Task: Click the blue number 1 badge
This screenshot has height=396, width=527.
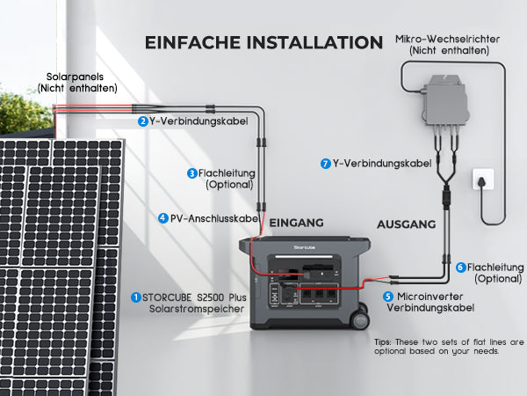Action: [x=136, y=297]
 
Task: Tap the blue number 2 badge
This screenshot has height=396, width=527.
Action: [x=143, y=121]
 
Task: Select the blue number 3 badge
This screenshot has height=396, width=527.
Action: [x=191, y=173]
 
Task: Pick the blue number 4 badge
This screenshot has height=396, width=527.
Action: [x=163, y=218]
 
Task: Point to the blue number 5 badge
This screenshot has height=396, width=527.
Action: [x=388, y=297]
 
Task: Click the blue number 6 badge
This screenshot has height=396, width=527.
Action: [x=461, y=268]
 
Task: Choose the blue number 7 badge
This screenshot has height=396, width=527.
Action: [x=325, y=164]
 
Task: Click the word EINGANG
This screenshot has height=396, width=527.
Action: [x=296, y=223]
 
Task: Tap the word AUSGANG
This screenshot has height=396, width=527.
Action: [x=407, y=224]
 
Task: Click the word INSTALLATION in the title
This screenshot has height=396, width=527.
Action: [x=315, y=43]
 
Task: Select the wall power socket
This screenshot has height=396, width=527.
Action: [x=483, y=180]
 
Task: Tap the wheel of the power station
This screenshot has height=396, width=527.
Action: [x=360, y=320]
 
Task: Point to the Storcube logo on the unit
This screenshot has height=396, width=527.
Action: [x=305, y=247]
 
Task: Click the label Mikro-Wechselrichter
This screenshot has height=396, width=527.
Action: [x=447, y=39]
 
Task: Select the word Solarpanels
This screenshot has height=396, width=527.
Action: [x=75, y=77]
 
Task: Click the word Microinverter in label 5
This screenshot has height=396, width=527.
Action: [x=430, y=297]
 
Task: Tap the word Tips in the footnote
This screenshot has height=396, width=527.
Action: [x=382, y=342]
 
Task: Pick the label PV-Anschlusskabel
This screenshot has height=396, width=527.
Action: [x=213, y=218]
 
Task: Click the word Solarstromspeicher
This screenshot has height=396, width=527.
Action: [x=197, y=309]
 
